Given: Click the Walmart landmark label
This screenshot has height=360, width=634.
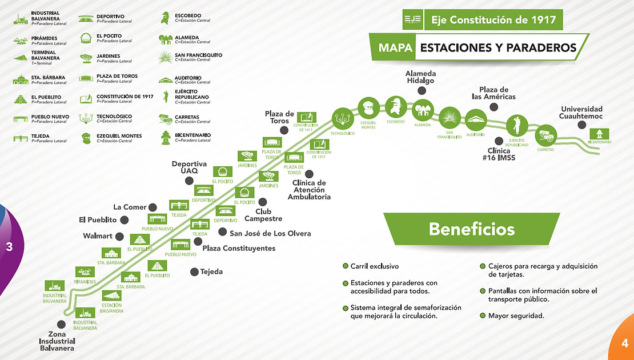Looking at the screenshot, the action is tap(97, 235).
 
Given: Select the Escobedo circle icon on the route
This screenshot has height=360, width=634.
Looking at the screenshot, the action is tap(395, 107).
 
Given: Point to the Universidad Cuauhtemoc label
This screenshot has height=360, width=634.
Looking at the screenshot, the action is tap(581, 113).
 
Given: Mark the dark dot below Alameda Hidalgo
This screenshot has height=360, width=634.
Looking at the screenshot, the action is tap(422, 91).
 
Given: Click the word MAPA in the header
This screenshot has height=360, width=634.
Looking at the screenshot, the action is tap(395, 48).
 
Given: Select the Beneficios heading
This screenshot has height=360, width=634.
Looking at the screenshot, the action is tap(471, 229).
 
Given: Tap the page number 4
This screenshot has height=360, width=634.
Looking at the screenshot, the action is tap(625, 343).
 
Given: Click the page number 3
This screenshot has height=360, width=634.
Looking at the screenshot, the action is tap(9, 247).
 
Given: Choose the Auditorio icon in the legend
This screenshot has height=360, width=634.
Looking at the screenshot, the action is tap(166, 79).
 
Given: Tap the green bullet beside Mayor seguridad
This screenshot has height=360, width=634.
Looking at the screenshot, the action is tap(483, 315).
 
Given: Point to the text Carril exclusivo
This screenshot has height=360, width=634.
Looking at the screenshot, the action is tap(375, 266).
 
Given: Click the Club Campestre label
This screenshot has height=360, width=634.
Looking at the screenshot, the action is tap(263, 215).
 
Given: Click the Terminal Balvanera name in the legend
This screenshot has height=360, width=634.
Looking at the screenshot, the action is tap(45, 55).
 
